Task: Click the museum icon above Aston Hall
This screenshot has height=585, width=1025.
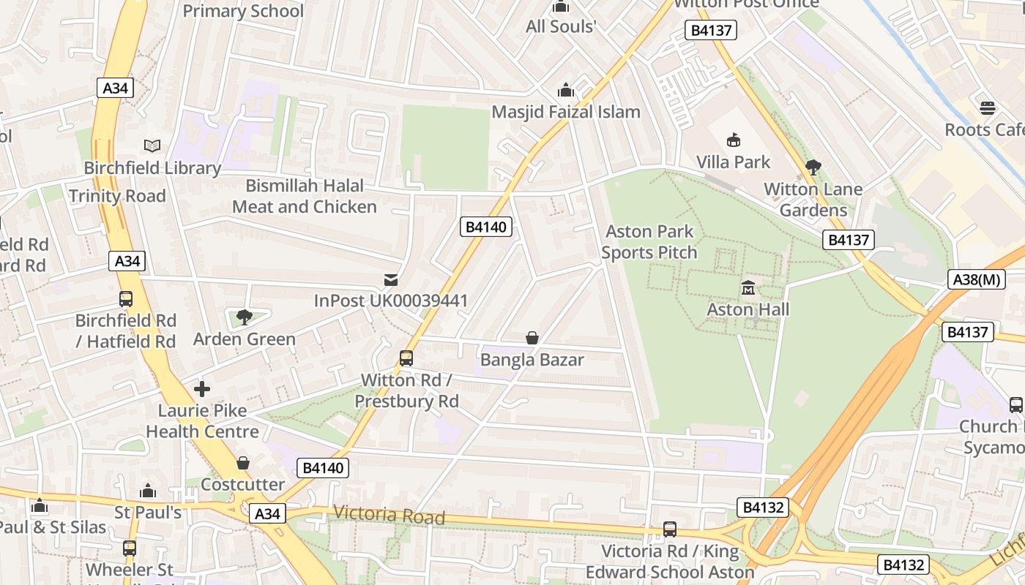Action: pos(748,288)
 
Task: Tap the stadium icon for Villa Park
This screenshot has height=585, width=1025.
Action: pos(733,140)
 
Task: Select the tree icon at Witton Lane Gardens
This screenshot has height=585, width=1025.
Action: pos(813,167)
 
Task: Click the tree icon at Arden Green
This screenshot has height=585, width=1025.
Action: pos(244,317)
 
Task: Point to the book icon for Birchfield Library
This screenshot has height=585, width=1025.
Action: pos(152,146)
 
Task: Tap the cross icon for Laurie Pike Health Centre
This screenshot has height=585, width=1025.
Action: pos(202,389)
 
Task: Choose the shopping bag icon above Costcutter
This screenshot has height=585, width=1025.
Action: pos(243,463)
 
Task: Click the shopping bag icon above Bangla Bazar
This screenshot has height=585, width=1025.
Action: pos(532,338)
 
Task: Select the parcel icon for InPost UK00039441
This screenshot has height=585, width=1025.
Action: pos(391,279)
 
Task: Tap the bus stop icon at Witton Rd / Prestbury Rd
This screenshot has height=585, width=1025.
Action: pos(406,358)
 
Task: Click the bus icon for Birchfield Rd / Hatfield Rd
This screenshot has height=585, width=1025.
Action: pos(126,299)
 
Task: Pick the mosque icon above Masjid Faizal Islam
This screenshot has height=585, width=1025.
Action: pos(565,91)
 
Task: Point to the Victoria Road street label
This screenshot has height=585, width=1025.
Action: pos(389,515)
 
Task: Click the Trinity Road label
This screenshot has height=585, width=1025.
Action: pos(117,196)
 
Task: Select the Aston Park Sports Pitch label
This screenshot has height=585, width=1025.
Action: pos(649,242)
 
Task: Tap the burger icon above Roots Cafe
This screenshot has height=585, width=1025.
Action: pos(988,108)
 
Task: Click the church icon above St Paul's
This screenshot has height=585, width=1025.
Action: pos(148,491)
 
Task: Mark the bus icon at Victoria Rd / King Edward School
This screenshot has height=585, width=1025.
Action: pos(669,529)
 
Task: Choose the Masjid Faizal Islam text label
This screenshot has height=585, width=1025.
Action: pos(566,112)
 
